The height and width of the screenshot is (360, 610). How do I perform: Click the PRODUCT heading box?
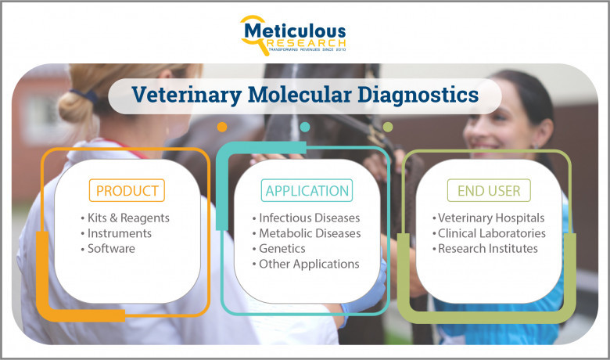127,190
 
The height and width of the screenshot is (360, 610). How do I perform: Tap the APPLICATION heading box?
307,190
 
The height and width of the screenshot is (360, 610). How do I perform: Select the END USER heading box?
489,190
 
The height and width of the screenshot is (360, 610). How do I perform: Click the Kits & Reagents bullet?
125,218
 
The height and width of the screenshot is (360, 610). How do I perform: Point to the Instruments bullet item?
117,233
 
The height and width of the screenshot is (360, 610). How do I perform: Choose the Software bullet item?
108,248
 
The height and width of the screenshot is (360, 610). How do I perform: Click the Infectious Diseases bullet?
306,218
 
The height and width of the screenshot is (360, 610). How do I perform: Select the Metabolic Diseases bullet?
307,233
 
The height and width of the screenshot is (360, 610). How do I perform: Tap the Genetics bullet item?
279,248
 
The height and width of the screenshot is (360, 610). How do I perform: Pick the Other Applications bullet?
306,264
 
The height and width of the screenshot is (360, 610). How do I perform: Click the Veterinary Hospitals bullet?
489,218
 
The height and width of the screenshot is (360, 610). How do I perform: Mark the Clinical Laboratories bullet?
489,233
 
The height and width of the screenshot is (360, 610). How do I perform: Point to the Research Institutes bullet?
485,248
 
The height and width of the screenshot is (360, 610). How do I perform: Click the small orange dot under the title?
222,127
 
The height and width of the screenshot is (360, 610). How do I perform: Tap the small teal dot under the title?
305,127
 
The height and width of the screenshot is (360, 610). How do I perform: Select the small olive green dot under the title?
388,127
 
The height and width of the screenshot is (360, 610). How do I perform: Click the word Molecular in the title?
300,95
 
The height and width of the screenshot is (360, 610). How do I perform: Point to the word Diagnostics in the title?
418,95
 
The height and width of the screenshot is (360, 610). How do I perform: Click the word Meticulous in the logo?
295,31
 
